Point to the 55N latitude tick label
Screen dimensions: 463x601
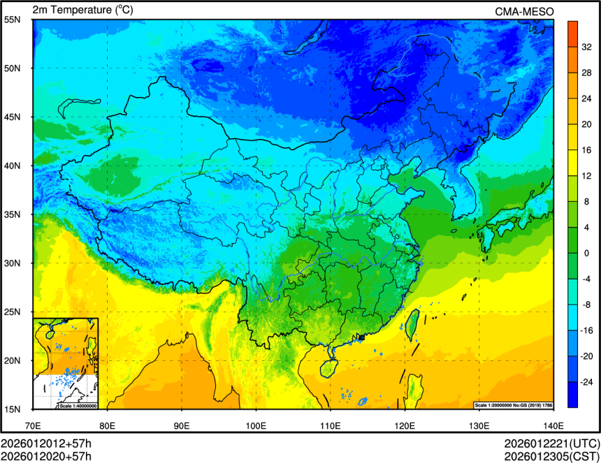(x=13, y=20)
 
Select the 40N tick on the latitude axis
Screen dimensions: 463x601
(x=13, y=166)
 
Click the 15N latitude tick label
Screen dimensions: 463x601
(x=13, y=409)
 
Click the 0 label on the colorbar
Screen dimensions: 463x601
(x=586, y=253)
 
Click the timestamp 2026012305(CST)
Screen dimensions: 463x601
(x=551, y=456)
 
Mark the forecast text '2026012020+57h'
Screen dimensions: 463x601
(x=46, y=456)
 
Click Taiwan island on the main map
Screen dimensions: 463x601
(x=412, y=324)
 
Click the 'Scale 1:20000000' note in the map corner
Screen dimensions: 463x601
(x=495, y=405)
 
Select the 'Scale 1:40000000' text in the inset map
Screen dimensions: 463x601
(x=78, y=406)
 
